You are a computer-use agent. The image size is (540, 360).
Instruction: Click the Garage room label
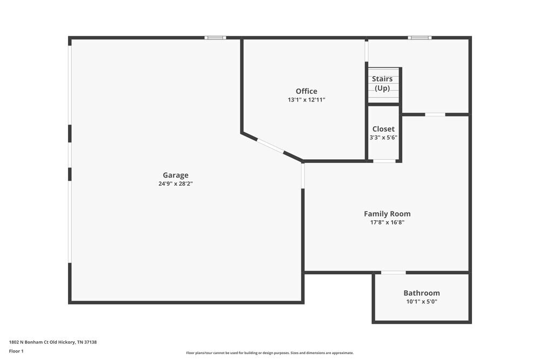click(x=175, y=175)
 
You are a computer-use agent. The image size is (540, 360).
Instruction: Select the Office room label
click(x=306, y=91)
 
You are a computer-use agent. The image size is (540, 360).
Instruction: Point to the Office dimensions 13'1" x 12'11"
click(x=306, y=100)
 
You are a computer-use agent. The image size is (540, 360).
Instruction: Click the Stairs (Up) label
click(x=382, y=84)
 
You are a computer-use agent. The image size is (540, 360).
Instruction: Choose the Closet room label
click(x=383, y=129)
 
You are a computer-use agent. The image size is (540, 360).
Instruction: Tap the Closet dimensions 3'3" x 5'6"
click(x=383, y=137)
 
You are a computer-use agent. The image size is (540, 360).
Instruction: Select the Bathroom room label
click(x=421, y=293)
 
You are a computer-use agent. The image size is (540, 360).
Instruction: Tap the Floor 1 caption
click(x=16, y=351)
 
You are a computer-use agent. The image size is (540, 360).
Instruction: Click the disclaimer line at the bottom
click(x=270, y=353)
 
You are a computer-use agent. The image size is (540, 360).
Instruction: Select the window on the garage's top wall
click(x=215, y=38)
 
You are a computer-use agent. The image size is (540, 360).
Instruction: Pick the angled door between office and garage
click(x=270, y=146)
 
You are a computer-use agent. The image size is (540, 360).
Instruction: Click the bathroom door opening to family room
click(x=393, y=273)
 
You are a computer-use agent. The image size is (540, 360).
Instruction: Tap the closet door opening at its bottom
click(x=384, y=161)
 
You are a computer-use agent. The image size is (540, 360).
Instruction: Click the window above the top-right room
click(x=420, y=38)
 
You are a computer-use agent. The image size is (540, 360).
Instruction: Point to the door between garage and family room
click(x=303, y=176)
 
